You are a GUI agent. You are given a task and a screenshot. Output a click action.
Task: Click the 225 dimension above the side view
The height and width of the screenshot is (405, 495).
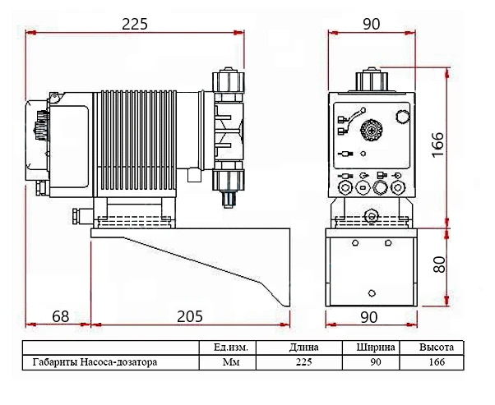[135, 24]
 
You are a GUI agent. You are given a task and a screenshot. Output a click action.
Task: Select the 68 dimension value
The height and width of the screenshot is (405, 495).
[61, 316]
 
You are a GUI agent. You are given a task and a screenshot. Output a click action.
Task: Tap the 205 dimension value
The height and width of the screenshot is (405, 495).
[190, 316]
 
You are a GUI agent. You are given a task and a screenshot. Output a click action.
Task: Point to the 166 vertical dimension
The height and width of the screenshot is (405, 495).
[437, 145]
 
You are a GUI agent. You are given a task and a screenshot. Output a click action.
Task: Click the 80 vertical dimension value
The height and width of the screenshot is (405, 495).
[439, 264]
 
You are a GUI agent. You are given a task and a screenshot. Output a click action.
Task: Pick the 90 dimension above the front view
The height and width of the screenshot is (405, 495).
[372, 24]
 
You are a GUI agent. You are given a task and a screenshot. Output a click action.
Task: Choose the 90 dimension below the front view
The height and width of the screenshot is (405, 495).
[368, 317]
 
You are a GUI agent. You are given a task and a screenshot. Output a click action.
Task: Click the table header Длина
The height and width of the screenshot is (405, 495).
[303, 347]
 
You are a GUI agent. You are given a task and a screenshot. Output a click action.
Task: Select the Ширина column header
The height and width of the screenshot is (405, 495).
[376, 347]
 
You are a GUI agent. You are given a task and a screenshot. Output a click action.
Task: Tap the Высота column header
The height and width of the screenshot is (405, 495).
[437, 347]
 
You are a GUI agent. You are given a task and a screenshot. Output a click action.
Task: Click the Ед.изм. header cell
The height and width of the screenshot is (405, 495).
[231, 347]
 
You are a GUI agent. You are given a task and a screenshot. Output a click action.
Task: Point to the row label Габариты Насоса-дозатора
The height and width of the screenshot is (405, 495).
[95, 361]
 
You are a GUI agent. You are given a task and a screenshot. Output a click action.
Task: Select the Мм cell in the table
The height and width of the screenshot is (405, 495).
[231, 361]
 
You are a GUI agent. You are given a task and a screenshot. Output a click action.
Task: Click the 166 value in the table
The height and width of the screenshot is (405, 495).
[437, 361]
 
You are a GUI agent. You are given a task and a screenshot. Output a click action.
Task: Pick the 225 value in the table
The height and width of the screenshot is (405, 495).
[303, 361]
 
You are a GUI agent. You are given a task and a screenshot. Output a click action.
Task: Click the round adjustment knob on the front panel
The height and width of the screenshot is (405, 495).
[372, 130]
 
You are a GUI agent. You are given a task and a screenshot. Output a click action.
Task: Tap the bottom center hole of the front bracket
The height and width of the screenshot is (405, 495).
[372, 293]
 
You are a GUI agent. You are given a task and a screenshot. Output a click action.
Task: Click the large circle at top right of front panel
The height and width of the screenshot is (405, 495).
[402, 117]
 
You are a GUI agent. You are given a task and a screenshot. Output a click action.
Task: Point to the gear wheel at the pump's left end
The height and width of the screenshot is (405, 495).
[40, 126]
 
